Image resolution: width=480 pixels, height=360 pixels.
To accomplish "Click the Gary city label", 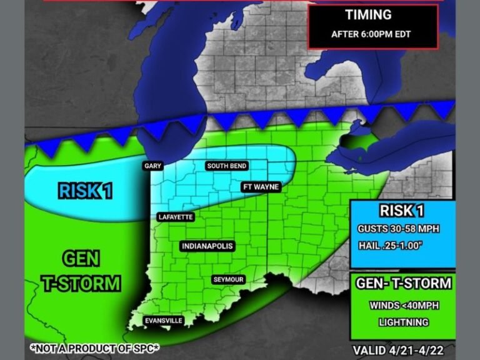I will (x=152, y=166).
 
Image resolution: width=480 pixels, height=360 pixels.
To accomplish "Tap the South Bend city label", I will (x=227, y=166).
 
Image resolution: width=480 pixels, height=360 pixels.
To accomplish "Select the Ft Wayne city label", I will (x=260, y=187).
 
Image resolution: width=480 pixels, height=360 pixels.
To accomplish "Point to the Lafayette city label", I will (x=176, y=217).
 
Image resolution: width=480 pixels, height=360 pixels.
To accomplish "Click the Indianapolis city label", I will (x=207, y=246).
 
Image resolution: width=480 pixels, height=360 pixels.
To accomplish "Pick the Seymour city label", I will (x=227, y=279).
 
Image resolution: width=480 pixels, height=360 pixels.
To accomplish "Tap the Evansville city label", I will (x=163, y=321).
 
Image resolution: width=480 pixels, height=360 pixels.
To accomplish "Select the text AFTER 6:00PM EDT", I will (x=371, y=34).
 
